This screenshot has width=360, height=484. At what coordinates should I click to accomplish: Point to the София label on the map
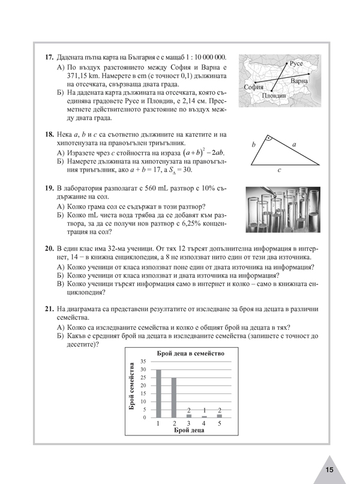coord(254,88)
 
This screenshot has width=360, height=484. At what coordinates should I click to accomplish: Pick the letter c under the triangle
coord(280,170)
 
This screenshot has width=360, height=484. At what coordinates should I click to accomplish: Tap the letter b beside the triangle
coord(254,145)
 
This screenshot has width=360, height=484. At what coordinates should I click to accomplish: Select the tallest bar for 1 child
coord(159,393)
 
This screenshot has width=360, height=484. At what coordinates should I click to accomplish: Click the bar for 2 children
coord(174,397)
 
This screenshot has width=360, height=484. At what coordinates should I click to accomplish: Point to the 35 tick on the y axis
coord(143,362)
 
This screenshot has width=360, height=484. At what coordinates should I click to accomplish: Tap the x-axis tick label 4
coord(204,424)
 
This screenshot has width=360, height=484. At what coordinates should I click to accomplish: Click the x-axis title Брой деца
coord(190,431)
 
